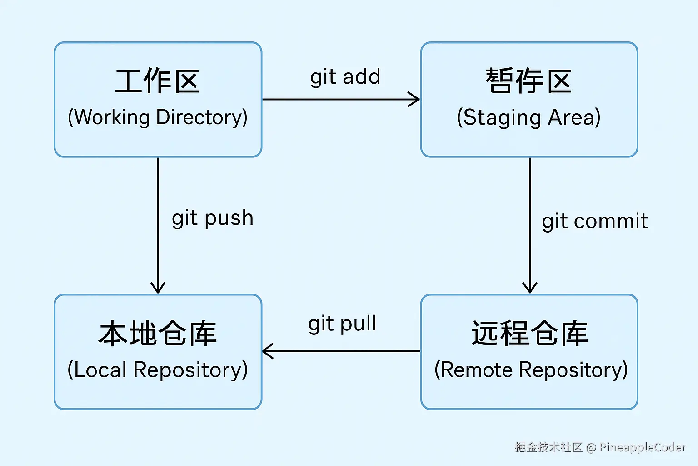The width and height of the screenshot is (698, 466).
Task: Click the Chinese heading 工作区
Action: [157, 81]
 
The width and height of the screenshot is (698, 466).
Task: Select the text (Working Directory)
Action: [157, 117]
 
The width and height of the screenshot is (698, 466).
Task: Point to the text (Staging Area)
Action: [528, 117]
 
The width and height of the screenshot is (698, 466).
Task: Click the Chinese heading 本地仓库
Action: [157, 333]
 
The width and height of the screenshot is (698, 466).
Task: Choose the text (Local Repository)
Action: [157, 370]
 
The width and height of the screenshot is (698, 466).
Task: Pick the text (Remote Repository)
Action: [531, 370]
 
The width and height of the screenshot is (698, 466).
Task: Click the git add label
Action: [345, 77]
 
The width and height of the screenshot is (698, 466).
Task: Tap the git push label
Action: [212, 218]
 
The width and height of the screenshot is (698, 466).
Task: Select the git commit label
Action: [594, 221]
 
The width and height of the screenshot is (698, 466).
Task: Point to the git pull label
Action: [342, 324]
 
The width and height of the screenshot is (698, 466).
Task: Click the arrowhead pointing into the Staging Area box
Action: [414, 99]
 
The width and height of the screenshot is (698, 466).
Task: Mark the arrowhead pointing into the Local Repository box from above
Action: [158, 288]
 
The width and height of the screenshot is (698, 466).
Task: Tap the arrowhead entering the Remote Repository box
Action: [530, 288]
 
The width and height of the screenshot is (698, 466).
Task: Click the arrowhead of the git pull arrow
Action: [268, 351]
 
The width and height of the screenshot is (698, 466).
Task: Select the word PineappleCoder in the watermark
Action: [643, 447]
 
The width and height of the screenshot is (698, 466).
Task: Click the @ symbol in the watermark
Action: [591, 448]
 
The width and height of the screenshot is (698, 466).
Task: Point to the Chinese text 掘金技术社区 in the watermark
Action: [548, 447]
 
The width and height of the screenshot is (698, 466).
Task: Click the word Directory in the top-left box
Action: [201, 117]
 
